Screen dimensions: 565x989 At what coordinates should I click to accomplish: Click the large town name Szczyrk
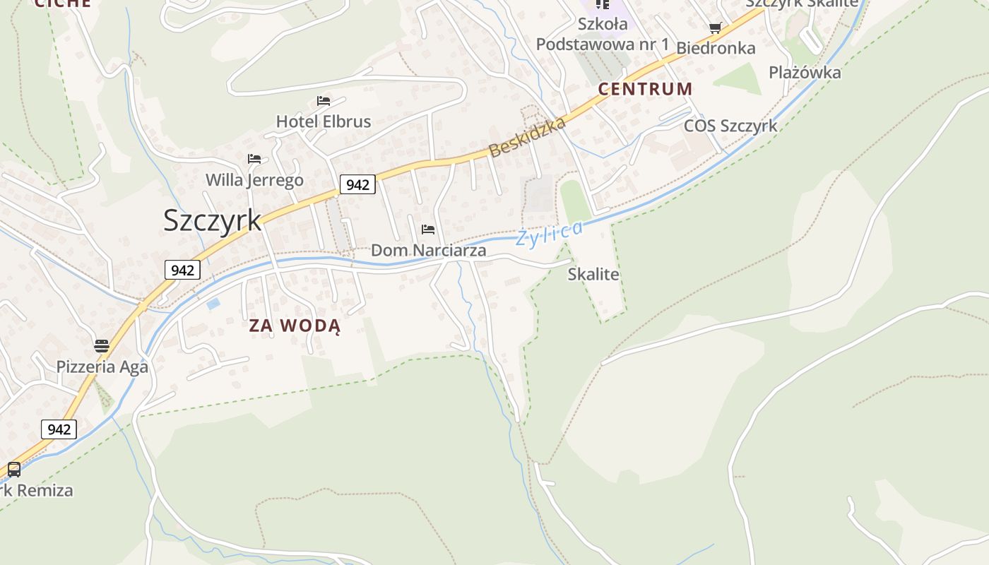tap(212, 220)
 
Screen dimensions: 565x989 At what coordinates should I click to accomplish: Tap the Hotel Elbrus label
tap(323, 121)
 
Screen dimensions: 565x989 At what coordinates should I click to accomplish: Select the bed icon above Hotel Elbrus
tap(324, 101)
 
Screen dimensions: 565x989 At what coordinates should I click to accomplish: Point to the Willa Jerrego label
tap(254, 180)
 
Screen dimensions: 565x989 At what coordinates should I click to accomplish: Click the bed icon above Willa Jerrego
tap(254, 159)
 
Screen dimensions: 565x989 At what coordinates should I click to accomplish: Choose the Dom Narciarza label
tap(428, 251)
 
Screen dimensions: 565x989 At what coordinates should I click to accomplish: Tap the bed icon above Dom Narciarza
tap(427, 230)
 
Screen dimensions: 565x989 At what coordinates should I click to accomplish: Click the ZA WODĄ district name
tap(295, 326)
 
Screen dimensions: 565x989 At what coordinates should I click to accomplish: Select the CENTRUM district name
tap(645, 89)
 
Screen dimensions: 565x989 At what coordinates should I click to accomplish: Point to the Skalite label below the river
tap(593, 275)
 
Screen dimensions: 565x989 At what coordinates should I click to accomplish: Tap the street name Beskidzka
tap(527, 138)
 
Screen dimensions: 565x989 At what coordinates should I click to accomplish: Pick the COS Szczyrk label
tap(730, 126)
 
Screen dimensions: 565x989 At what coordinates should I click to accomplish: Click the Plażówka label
tap(805, 73)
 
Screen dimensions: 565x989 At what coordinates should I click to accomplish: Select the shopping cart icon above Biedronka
tap(715, 28)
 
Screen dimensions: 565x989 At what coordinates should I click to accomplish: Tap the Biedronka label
tap(716, 48)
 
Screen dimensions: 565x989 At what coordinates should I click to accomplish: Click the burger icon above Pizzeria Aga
tap(102, 346)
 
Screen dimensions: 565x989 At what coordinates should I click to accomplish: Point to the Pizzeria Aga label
tap(102, 367)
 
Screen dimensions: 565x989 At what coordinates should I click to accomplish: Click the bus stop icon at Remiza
tap(14, 469)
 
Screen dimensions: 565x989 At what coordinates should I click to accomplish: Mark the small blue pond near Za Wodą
tap(213, 304)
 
